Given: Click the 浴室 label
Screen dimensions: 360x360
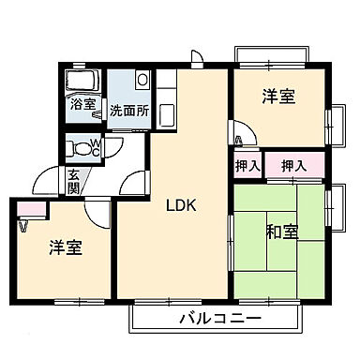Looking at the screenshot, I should (x=82, y=104).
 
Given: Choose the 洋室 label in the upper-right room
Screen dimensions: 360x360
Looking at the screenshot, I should (x=278, y=95).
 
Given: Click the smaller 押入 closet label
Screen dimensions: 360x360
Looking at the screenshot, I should (x=247, y=166).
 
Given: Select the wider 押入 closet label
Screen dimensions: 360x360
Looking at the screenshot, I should (x=292, y=166).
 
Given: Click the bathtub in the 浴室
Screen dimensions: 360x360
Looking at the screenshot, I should (x=83, y=80).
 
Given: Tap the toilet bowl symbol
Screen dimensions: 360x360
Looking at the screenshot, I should (x=82, y=147).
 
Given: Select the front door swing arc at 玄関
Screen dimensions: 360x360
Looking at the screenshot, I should (x=47, y=180).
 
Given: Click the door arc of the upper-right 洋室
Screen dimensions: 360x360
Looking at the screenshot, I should (x=238, y=131).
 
